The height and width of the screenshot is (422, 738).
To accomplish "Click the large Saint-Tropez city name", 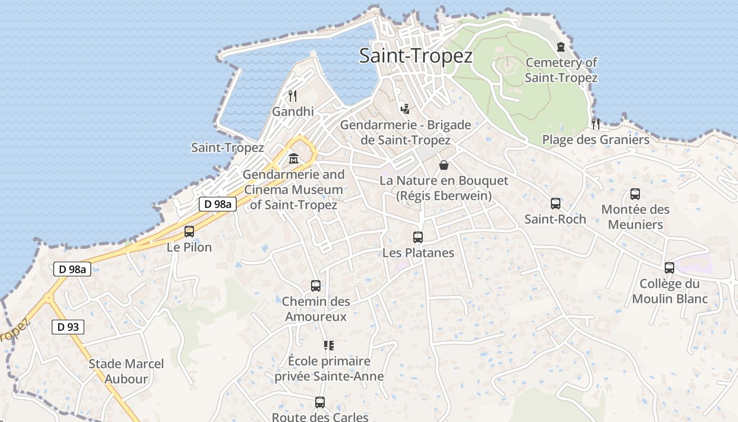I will tap(415, 56).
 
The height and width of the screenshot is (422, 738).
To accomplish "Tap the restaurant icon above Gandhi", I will tap(293, 96).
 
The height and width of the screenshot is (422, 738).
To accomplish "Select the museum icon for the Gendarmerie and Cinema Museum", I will tap(294, 158).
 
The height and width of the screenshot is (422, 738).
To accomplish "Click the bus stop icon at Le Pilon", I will tap(189, 232).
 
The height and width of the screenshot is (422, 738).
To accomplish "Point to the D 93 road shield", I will tap(68, 327).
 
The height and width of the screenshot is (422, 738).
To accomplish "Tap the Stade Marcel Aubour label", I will tap(126, 371).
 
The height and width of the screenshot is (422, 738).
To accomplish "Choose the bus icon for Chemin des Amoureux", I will tap(316, 286).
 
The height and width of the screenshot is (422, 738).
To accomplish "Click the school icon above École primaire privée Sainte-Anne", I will tap(329, 346).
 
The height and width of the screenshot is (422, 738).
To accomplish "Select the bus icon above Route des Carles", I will tap(320, 402).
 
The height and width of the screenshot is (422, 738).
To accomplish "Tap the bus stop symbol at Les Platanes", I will tap(418, 237).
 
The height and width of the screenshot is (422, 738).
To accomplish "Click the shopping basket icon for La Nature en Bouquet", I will tap(444, 165).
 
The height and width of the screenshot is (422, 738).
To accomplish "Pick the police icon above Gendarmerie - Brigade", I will tap(405, 109).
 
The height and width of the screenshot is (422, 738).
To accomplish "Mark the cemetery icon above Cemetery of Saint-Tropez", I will tap(561, 47).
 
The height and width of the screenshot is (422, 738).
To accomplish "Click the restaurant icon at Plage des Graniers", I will tap(596, 124).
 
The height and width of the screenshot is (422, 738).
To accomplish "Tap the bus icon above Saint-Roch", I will tap(556, 204).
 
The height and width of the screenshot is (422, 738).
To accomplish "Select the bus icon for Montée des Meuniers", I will tap(635, 194).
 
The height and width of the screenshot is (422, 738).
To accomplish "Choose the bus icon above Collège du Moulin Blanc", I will tap(669, 268).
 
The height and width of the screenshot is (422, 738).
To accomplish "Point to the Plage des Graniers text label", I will tap(596, 140).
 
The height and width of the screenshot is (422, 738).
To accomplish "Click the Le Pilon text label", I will tap(189, 247).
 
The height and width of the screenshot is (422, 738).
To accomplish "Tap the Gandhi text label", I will tap(293, 111).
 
